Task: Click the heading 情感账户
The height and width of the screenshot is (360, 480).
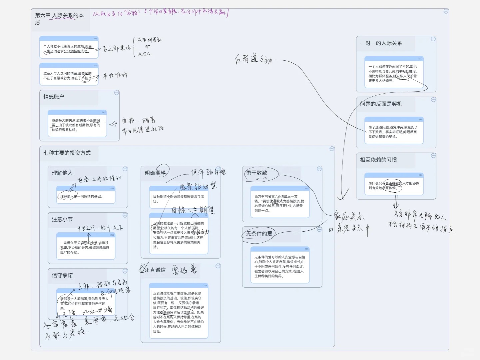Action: tap(54, 97)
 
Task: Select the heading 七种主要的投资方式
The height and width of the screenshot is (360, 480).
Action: tap(67, 153)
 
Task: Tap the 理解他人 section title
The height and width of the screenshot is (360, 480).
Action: tap(62, 173)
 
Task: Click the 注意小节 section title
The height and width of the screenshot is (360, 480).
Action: tap(62, 219)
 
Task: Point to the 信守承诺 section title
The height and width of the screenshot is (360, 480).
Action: tap(62, 275)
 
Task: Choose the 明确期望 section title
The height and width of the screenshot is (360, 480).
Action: tap(155, 173)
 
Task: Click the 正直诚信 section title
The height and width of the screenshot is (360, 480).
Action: tap(155, 270)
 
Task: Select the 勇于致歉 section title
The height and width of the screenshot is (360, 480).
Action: tap(256, 173)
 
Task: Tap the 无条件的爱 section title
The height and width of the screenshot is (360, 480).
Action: tap(259, 234)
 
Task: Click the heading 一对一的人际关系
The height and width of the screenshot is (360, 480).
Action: tap(381, 43)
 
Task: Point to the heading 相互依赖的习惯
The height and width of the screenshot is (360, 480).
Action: tap(378, 160)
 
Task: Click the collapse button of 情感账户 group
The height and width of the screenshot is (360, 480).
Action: tap(117, 93)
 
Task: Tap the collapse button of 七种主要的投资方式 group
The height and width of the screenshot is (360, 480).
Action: tap(332, 149)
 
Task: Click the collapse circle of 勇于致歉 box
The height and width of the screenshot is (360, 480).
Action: tap(319, 169)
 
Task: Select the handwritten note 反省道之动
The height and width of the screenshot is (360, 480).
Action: tap(253, 60)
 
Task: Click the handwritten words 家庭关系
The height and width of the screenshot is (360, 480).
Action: tap(349, 217)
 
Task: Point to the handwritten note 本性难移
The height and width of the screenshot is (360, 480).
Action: tap(115, 76)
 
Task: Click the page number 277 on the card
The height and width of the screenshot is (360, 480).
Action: tap(420, 59)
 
